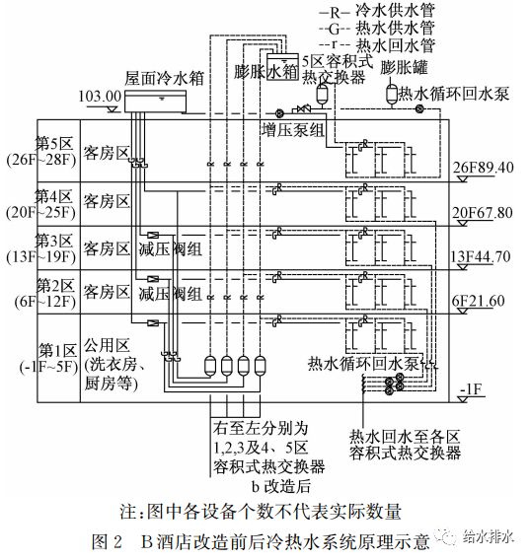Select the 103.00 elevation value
coord(100,98)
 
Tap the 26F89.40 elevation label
coord(483,168)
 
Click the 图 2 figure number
coord(106,539)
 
